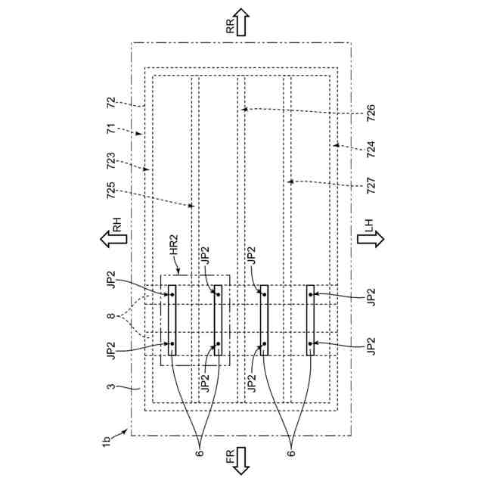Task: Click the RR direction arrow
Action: (242, 22)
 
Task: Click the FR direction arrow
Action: (242, 460)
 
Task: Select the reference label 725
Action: (111, 191)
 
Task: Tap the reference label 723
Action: (111, 161)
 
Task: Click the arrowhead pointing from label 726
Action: (242, 109)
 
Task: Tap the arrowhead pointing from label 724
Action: (333, 144)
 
